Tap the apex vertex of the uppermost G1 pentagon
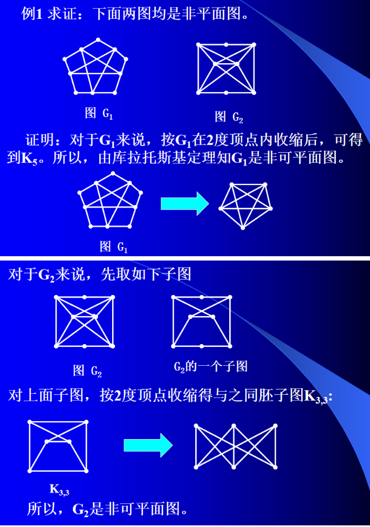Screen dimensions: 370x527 pyautogui.click(x=98, y=40)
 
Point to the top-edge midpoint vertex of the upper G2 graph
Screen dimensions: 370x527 pyautogui.click(x=227, y=44)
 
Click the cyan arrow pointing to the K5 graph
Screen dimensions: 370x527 pyautogui.click(x=184, y=203)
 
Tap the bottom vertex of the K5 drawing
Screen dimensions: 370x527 pyautogui.click(x=243, y=228)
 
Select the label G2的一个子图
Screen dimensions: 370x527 pyautogui.click(x=210, y=367)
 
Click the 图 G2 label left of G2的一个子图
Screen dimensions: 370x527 pyautogui.click(x=87, y=371)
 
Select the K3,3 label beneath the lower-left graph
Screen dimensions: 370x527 pyautogui.click(x=59, y=489)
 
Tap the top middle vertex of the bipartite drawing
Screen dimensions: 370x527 pyautogui.click(x=234, y=426)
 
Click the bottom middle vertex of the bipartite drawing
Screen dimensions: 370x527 pyautogui.click(x=234, y=467)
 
